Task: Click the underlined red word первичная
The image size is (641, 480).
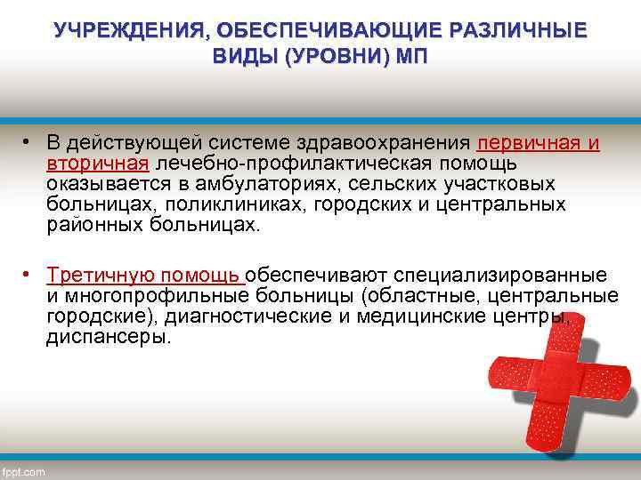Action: [529, 144]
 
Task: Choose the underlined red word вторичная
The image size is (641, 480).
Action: [98, 164]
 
